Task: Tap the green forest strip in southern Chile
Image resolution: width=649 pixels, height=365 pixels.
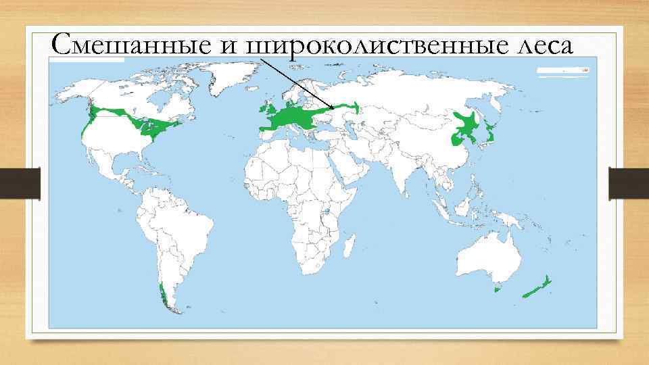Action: tap(163, 295)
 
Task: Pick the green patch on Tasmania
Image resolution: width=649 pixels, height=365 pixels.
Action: tap(498, 289)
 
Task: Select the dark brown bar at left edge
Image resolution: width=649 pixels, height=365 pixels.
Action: tap(20, 182)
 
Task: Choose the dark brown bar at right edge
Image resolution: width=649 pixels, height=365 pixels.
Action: tap(629, 182)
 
